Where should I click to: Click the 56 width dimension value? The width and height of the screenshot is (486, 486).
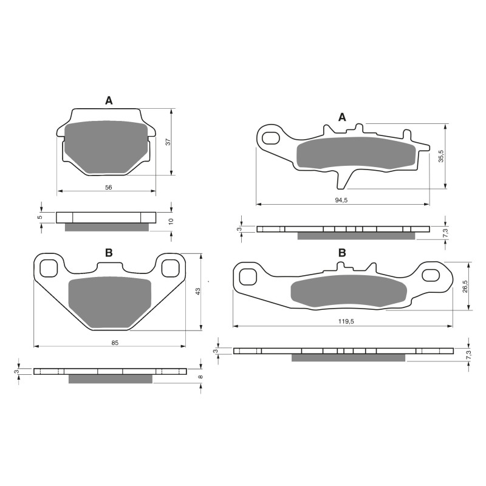[108, 188]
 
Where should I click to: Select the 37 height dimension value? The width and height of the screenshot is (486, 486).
[168, 142]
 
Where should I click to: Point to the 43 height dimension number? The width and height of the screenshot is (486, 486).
[197, 292]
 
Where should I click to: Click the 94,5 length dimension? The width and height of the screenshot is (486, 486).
[342, 200]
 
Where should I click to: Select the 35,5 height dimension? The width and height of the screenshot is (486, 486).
[442, 156]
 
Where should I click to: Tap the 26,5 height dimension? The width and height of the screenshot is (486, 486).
[465, 286]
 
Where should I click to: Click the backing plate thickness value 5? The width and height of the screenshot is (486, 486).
[39, 217]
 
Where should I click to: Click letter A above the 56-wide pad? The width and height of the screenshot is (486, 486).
[109, 101]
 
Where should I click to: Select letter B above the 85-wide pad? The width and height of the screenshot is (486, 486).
[109, 253]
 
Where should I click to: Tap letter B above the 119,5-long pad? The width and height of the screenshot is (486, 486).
[342, 253]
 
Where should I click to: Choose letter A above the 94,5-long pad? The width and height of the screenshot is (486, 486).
[342, 117]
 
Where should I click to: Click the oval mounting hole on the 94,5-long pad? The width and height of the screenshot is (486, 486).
[270, 137]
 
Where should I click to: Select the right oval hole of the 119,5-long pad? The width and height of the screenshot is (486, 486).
[432, 275]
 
